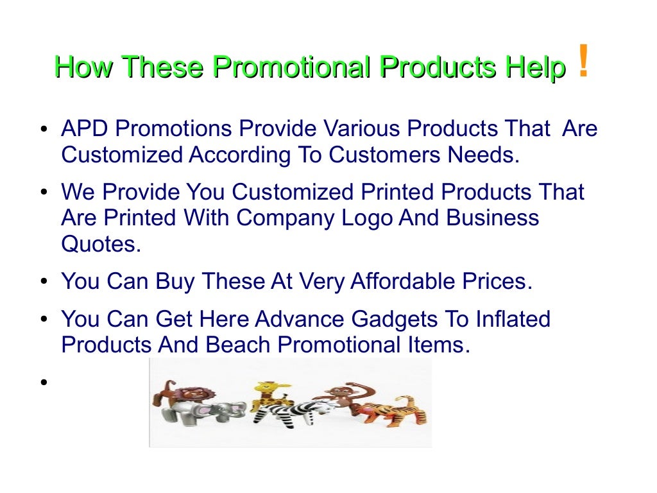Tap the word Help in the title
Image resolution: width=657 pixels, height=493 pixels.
tap(534, 67)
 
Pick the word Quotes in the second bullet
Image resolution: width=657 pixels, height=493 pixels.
tap(101, 244)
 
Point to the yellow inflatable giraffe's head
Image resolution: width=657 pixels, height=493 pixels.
tap(265, 388)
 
